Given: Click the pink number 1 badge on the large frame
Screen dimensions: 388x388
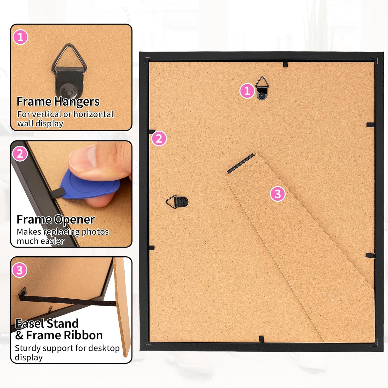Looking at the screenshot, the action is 247,91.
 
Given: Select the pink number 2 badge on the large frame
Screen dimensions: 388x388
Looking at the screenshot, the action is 159,138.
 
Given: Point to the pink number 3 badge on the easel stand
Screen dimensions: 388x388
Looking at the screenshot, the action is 278,193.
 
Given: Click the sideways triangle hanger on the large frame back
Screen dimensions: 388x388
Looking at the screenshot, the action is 177,202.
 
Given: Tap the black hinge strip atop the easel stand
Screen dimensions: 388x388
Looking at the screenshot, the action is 241,163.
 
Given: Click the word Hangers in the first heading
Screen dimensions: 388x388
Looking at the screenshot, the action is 77,102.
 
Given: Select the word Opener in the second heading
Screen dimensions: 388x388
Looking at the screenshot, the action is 75,220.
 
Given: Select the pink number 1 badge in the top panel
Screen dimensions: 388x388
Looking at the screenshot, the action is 20,37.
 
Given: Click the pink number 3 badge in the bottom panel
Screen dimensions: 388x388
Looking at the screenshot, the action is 20,270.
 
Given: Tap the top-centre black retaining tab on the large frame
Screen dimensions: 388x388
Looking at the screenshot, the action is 285,64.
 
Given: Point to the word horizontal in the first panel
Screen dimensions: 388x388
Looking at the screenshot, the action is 93,114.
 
